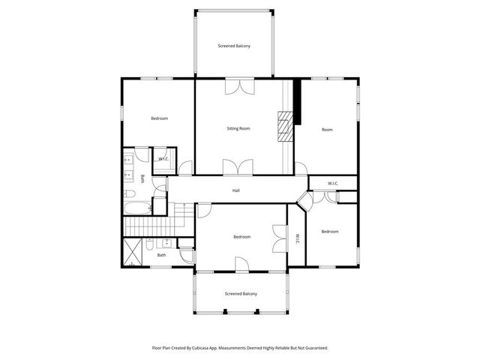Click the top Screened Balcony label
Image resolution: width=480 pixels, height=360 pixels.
pos(234,46)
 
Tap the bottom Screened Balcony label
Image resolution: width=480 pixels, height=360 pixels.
pos(241,293)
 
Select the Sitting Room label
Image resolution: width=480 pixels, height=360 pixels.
pos(238,128)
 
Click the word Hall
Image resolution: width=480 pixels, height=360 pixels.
pos(236,190)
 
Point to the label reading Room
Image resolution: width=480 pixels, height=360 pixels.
pos(327,130)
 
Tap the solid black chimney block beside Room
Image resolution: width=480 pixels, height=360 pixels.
pos(297,101)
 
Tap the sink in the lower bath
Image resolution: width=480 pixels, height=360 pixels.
pos(166,243)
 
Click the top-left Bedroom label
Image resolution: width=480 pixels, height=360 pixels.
pos(159,118)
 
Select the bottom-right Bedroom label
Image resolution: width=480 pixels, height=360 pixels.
pos(330,232)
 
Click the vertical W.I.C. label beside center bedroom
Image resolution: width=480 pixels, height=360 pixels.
pos(297,239)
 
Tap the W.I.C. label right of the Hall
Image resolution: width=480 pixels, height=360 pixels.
pos(333,184)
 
